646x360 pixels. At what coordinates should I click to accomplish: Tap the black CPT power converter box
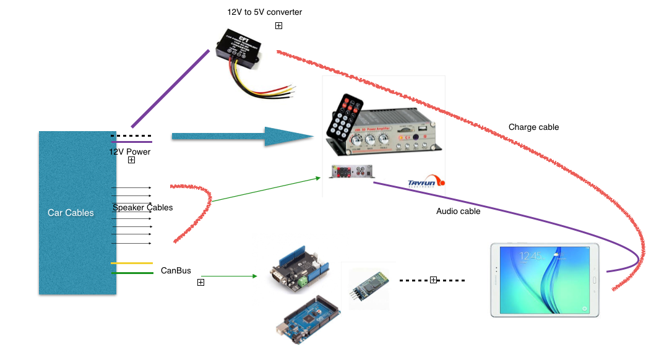click(239, 49)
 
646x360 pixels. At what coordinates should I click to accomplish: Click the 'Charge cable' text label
click(533, 127)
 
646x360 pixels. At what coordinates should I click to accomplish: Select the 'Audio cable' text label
click(458, 211)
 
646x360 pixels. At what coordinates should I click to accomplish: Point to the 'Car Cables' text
click(71, 213)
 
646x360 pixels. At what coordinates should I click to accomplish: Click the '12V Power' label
click(130, 152)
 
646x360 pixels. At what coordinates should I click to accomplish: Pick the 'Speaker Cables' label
click(142, 207)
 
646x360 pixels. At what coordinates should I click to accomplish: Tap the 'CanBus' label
click(176, 270)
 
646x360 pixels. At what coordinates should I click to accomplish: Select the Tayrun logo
click(426, 181)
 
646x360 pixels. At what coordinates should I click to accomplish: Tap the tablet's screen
click(544, 279)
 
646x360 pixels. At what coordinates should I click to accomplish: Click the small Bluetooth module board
click(364, 286)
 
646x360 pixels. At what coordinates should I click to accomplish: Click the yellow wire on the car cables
click(132, 263)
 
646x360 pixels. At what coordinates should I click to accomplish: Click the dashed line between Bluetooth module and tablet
click(433, 280)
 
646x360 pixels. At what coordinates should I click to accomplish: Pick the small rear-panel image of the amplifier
click(351, 171)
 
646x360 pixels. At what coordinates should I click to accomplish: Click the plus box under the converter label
click(278, 26)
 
